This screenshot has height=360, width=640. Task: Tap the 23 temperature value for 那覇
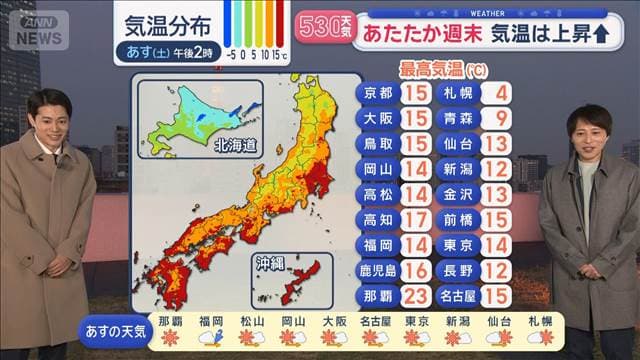[x=418, y=297]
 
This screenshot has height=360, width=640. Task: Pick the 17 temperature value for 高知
[x=418, y=220]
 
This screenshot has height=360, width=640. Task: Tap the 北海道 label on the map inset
[x=235, y=145]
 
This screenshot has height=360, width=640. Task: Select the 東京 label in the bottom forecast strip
[x=417, y=321]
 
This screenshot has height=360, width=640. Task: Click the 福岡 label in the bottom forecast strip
[x=210, y=321]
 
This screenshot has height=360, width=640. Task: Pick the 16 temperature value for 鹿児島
[x=418, y=271]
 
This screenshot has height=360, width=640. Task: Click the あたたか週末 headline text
[x=419, y=33]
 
